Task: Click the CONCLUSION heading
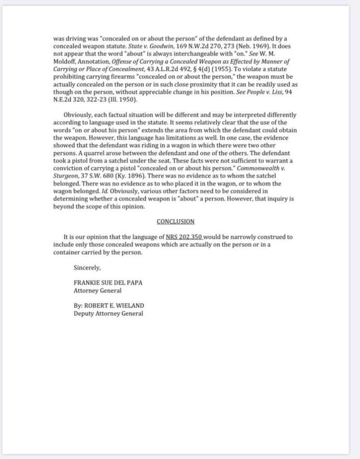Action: (x=175, y=221)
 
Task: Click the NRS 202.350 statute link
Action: (x=184, y=237)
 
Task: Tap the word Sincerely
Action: (x=87, y=268)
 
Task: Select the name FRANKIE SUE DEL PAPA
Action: (x=108, y=283)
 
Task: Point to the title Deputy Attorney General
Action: (x=108, y=314)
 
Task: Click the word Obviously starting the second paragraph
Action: (x=78, y=115)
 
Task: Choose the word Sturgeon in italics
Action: (x=66, y=176)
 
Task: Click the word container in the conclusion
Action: (x=67, y=252)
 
